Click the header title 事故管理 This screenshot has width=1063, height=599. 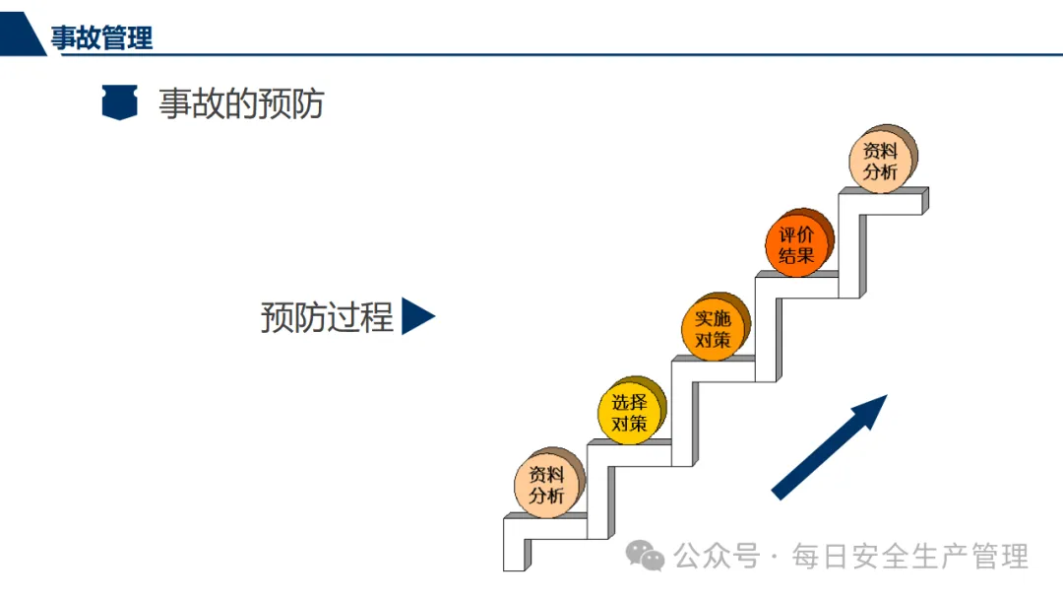click(101, 38)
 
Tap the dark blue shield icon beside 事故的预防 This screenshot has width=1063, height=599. click(119, 102)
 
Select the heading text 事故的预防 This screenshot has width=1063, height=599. click(241, 102)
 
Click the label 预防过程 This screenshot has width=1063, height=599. click(327, 317)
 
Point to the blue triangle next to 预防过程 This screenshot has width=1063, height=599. click(416, 317)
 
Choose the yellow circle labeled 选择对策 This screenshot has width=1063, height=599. click(630, 413)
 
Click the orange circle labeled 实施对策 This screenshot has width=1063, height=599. click(714, 329)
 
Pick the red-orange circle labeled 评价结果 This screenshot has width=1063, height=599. click(797, 245)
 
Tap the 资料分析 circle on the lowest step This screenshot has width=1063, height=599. click(547, 484)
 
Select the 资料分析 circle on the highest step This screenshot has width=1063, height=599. click(881, 162)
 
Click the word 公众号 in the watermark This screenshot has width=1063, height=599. click(718, 557)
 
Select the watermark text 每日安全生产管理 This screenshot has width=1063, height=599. click(910, 557)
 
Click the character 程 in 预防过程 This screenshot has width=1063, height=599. click(377, 317)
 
